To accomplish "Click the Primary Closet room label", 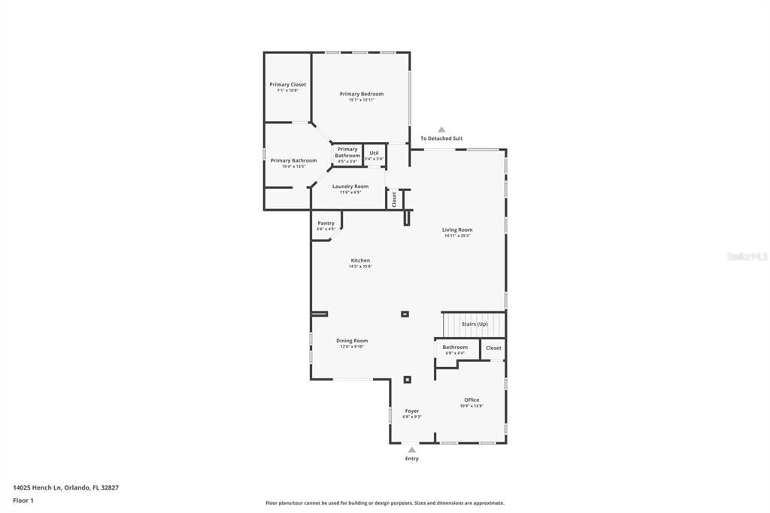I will [x=287, y=85].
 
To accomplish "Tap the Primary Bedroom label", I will [x=361, y=94].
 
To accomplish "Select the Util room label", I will [x=374, y=153].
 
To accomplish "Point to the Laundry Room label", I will [x=350, y=187].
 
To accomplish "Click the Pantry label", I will [x=326, y=223].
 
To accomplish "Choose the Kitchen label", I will [x=360, y=260].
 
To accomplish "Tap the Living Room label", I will [x=457, y=230].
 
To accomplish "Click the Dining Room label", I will [x=352, y=341].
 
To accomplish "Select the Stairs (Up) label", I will [x=474, y=324].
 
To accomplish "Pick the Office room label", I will [x=471, y=400].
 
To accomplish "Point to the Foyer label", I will [x=412, y=411].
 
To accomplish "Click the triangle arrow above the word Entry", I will [x=411, y=450].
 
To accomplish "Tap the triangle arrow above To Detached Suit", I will [x=441, y=130].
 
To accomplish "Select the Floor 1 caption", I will [x=23, y=500].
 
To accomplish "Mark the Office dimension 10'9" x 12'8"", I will [x=471, y=406].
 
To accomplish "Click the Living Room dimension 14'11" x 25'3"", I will [x=457, y=236].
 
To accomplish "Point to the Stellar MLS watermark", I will [x=747, y=256].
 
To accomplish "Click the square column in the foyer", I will [x=408, y=380].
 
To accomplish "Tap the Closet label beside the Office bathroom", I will [x=493, y=348].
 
